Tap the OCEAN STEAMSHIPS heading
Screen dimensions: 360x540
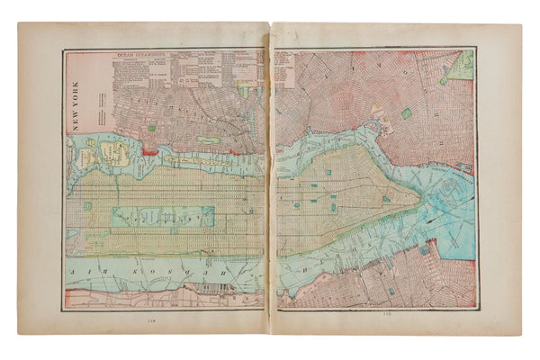pos(143,55)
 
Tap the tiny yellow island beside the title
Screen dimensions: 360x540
pos(82,157)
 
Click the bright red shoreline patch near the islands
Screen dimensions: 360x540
pos(148,152)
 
